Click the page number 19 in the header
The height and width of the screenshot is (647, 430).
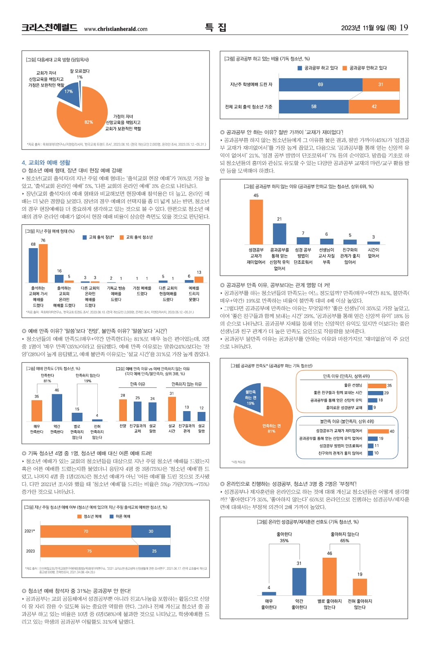pos(403,27)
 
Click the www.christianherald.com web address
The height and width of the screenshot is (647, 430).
pos(115,29)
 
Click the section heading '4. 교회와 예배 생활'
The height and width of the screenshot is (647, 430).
pos(46,163)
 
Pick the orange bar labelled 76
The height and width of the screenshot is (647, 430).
pos(43,263)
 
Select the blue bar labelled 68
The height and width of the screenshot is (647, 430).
pos(33,265)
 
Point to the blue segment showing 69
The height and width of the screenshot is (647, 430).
pos(320,84)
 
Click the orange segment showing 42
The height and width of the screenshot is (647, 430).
pos(374,106)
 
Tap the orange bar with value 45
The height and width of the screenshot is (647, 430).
pos(256,222)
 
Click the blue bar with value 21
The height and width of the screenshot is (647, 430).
pos(279,234)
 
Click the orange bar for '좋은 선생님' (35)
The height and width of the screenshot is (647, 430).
pos(377,385)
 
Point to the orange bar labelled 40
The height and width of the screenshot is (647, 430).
pos(378,431)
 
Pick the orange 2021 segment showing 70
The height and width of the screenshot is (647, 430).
pos(86,531)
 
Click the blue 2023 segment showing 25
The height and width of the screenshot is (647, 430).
pos(154,551)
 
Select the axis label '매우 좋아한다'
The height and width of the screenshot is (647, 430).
pos(269,604)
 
